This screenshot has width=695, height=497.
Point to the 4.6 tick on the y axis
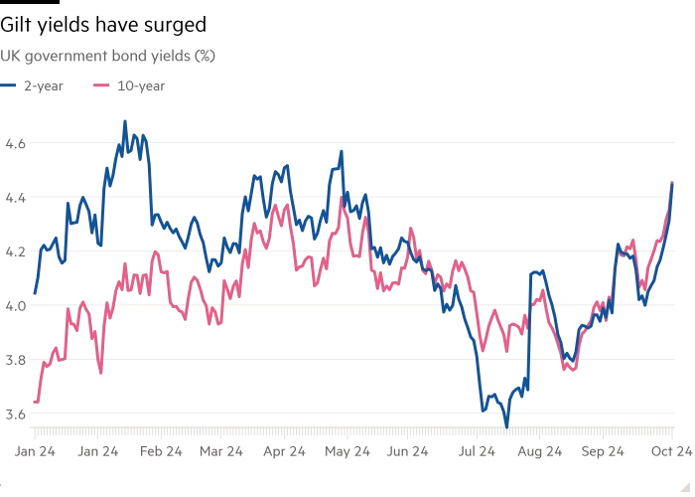click(16, 143)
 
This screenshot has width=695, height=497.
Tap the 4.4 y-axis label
click(16, 197)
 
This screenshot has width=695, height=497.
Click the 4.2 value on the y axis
click(16, 250)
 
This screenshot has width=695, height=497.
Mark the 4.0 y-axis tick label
click(16, 305)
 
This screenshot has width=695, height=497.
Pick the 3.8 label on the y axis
click(16, 359)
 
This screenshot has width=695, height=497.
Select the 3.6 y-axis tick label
click(16, 413)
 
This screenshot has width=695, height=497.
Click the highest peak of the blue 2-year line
click(124, 121)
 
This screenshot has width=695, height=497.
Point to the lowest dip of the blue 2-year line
click(506, 424)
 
